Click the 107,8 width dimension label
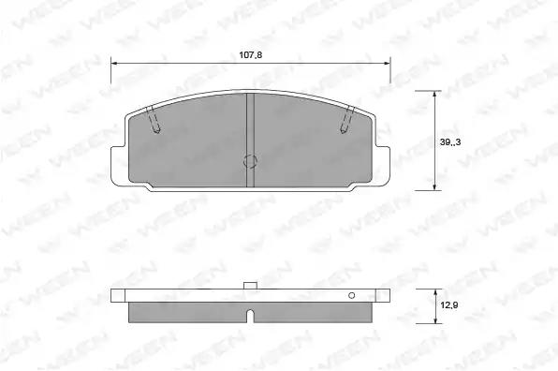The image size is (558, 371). click(x=251, y=55)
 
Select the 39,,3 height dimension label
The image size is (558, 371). click(x=450, y=142)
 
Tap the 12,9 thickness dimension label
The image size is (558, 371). click(x=449, y=305)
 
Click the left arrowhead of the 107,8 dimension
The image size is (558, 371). click(x=114, y=64)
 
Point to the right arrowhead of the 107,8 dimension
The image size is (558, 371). click(x=387, y=64)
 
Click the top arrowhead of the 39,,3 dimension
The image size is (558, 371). click(x=434, y=95)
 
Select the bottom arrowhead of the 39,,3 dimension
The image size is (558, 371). click(x=434, y=186)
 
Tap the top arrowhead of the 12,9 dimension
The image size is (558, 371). click(x=435, y=292)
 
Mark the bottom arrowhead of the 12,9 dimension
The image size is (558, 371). click(x=435, y=320)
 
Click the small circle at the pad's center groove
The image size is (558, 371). click(x=250, y=161)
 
